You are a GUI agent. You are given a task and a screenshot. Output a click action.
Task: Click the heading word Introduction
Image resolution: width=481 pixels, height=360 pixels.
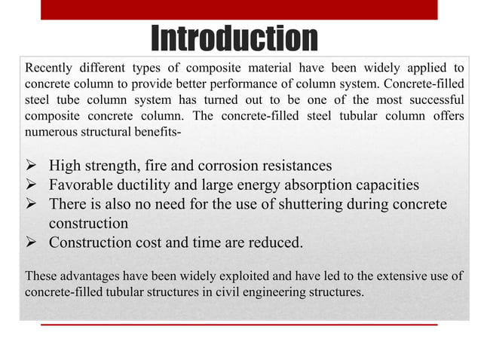tap(234, 39)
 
